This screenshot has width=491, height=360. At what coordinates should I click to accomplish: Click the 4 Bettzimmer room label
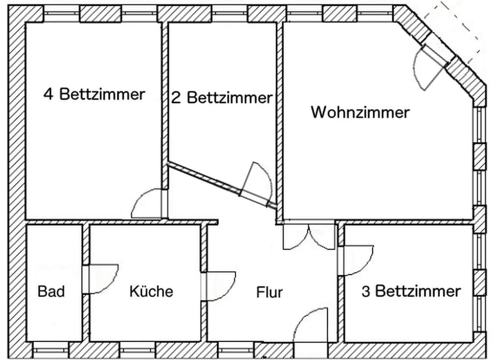(x=94, y=94)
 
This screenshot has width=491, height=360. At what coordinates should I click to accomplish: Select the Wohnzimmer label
(x=360, y=112)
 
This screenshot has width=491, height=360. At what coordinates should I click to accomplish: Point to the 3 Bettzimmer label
(x=411, y=291)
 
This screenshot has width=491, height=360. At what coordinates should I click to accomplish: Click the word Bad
(x=52, y=291)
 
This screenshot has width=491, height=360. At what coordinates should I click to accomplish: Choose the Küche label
(x=151, y=291)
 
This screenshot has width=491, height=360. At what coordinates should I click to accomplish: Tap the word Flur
(x=269, y=292)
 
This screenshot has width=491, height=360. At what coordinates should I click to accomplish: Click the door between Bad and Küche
(x=101, y=279)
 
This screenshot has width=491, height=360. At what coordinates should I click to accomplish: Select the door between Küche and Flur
(x=218, y=286)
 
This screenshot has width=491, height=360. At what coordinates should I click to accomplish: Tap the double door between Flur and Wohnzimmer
(x=309, y=237)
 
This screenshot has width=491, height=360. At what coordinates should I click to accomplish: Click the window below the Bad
(x=51, y=350)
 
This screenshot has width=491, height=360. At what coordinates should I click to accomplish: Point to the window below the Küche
(x=138, y=350)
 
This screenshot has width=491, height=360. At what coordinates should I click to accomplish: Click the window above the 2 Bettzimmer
(x=229, y=14)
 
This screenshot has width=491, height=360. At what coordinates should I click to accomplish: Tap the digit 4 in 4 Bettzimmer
(x=48, y=94)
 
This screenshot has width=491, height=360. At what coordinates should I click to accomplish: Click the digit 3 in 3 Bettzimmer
(x=366, y=291)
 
